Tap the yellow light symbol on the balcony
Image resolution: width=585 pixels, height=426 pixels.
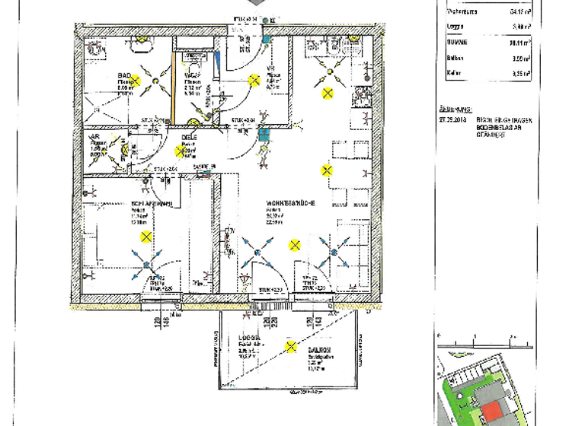(x=290, y=348)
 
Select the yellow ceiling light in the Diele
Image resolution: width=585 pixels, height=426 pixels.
(x=183, y=151)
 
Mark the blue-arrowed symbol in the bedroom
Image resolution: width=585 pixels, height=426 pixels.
(x=145, y=265)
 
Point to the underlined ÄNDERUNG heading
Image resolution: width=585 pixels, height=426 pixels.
(x=456, y=109)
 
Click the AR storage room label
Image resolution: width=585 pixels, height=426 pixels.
(x=96, y=137)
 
